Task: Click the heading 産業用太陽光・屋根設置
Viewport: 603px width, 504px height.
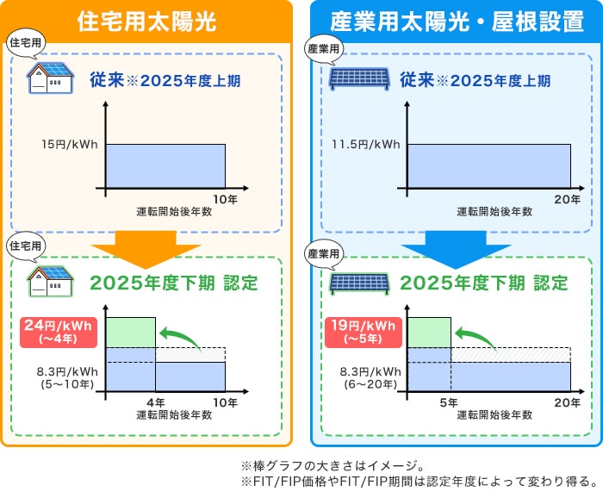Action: tap(457, 21)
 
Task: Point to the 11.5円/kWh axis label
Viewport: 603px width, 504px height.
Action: tap(366, 145)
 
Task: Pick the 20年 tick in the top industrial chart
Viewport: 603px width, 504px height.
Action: tap(569, 199)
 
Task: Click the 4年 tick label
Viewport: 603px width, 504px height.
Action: tap(156, 402)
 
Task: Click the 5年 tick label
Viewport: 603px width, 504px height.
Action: tap(450, 402)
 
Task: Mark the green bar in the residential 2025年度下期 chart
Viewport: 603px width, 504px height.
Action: tap(131, 332)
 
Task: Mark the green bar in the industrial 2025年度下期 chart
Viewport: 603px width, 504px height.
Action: tap(429, 332)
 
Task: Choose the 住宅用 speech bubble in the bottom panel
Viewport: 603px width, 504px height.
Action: tap(25, 246)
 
